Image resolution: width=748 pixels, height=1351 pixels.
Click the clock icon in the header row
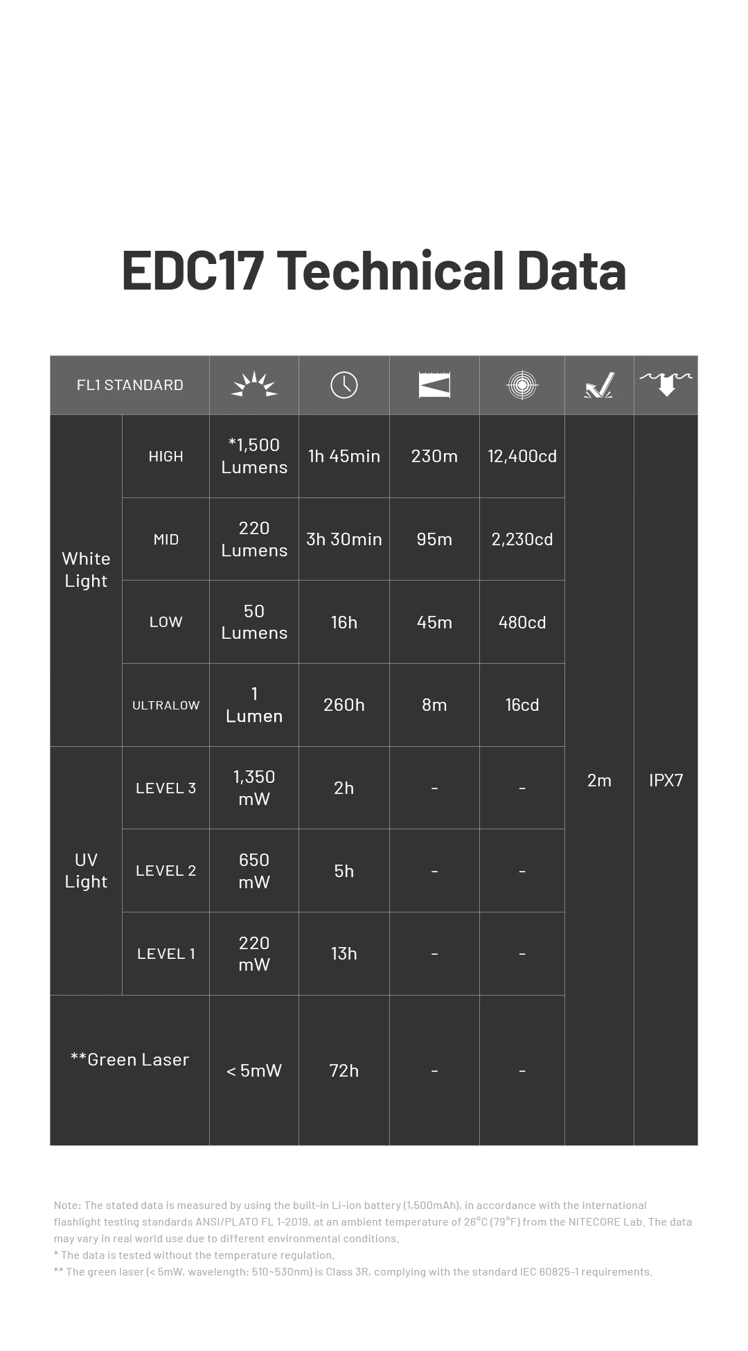pyautogui.click(x=344, y=385)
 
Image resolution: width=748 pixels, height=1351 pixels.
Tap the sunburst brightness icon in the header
pyautogui.click(x=253, y=385)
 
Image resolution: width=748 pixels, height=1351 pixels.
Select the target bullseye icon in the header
pyautogui.click(x=522, y=385)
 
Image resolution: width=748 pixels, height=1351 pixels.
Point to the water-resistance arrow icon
pyautogui.click(x=666, y=385)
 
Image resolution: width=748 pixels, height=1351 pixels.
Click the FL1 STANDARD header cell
pyautogui.click(x=130, y=385)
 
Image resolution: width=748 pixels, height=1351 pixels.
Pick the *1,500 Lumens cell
pyautogui.click(x=253, y=456)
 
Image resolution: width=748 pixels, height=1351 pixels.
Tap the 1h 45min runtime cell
pyautogui.click(x=344, y=456)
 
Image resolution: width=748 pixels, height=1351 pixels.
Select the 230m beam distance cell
pyautogui.click(x=434, y=456)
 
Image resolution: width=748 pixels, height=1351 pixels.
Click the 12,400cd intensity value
pyautogui.click(x=522, y=456)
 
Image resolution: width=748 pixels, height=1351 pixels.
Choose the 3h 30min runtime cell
pyautogui.click(x=344, y=539)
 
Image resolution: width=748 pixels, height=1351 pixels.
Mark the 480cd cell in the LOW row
pyautogui.click(x=522, y=622)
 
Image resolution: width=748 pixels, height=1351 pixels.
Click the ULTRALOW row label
pyautogui.click(x=166, y=705)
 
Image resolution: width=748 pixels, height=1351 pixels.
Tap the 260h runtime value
pyautogui.click(x=344, y=705)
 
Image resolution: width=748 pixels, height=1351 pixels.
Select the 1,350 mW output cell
pyautogui.click(x=253, y=788)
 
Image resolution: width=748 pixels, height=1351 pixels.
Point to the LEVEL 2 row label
pyautogui.click(x=166, y=871)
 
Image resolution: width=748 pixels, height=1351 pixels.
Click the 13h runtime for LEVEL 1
pyautogui.click(x=344, y=953)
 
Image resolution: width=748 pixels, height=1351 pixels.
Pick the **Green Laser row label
pyautogui.click(x=130, y=1059)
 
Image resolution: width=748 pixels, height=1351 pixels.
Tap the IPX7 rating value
pyautogui.click(x=666, y=780)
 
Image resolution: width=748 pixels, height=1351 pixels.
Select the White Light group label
pyautogui.click(x=86, y=569)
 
